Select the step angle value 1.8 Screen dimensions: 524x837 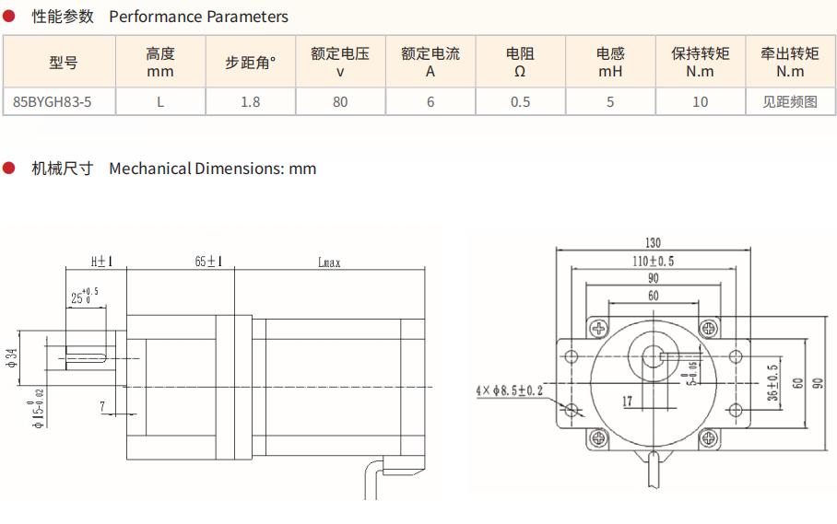pos(250,101)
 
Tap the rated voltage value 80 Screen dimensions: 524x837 pos(340,101)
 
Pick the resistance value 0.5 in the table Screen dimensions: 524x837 pos(520,101)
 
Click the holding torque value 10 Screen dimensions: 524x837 pos(700,101)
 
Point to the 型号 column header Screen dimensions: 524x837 pos(64,63)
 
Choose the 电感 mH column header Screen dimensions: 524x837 pos(610,63)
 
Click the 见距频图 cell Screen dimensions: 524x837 pos(790,101)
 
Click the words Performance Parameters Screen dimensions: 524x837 pos(198,17)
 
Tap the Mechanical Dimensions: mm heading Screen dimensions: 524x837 pos(212,169)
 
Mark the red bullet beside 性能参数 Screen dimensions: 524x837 pos(10,16)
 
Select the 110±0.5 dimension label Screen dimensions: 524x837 pos(653,262)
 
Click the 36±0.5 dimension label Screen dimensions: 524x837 pos(772,382)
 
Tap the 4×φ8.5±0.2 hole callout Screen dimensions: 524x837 pos(510,390)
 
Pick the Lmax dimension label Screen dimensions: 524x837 pos(329,262)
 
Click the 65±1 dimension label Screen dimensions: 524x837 pos(209,262)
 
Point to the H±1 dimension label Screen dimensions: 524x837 pos(101,262)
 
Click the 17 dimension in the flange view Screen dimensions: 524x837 pos(626,401)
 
